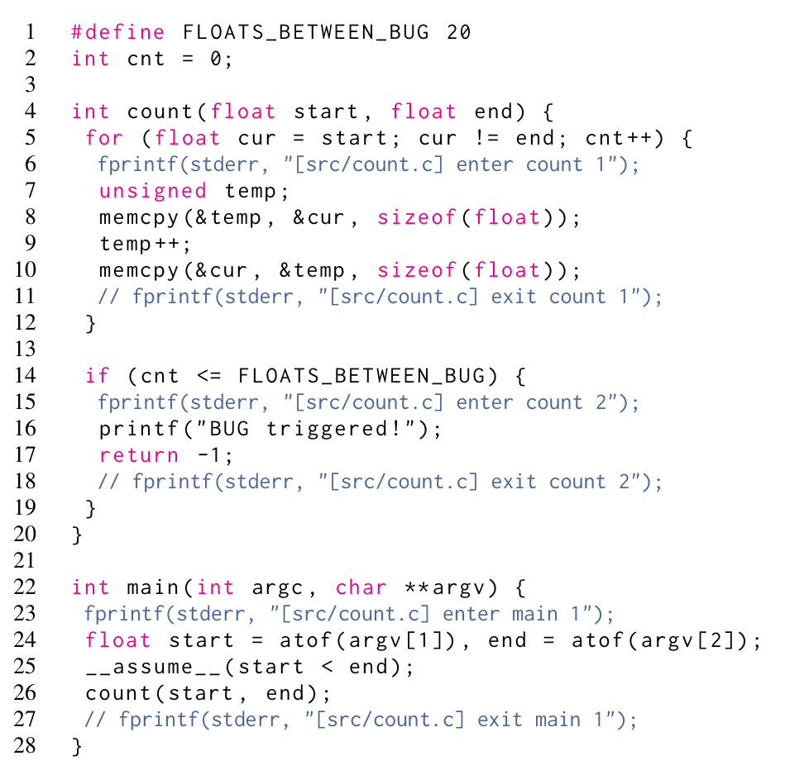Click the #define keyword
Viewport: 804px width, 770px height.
[x=118, y=32]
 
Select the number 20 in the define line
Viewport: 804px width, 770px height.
[x=458, y=32]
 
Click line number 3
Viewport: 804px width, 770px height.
[x=31, y=84]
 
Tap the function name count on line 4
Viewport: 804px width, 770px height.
[x=160, y=112]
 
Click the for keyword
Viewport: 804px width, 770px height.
[x=104, y=138]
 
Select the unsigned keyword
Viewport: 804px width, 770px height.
[x=153, y=191]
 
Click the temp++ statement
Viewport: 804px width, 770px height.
[x=145, y=244]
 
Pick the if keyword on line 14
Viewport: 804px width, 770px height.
[x=98, y=376]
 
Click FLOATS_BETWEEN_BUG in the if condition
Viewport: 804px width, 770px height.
[x=361, y=376]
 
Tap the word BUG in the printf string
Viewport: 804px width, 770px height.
[x=229, y=429]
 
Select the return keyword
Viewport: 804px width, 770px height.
[x=138, y=455]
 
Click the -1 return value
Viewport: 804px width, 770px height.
[x=209, y=455]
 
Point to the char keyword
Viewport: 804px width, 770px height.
[x=361, y=587]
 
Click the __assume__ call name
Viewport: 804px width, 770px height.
[x=153, y=668]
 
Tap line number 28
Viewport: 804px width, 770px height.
[x=25, y=746]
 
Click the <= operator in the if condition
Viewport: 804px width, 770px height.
[x=209, y=376]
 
